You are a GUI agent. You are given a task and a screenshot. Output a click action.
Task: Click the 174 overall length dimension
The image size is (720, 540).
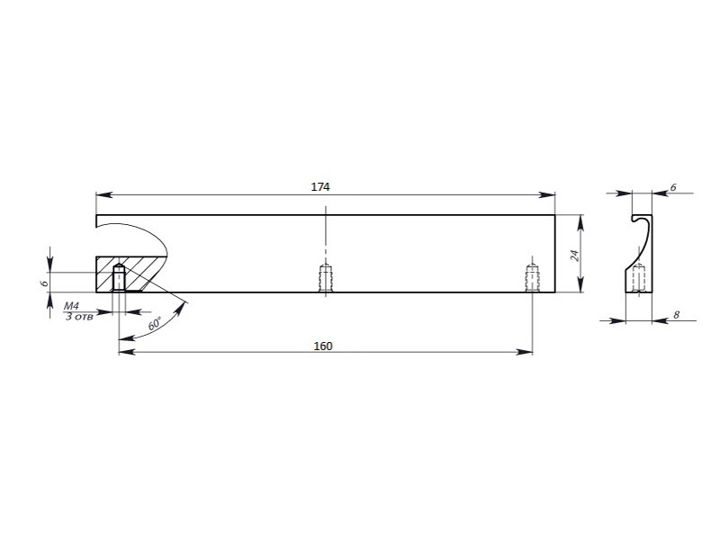(x=320, y=187)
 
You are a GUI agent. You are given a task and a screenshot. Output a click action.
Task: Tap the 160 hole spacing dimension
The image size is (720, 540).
(x=323, y=346)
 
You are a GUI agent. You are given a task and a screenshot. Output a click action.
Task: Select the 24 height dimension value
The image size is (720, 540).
(x=574, y=256)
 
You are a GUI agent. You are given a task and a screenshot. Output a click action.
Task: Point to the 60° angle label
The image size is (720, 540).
(x=155, y=324)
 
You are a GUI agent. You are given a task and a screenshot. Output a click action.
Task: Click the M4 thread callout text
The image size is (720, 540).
(x=71, y=306)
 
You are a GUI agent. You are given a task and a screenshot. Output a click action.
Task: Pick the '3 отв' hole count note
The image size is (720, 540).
(x=79, y=317)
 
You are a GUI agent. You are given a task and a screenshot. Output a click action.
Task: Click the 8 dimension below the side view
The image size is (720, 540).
(x=676, y=315)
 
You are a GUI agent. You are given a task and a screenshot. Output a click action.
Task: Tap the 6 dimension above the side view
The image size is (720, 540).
(x=673, y=187)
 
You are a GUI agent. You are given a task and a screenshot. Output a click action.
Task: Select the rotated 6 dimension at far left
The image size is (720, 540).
(x=44, y=283)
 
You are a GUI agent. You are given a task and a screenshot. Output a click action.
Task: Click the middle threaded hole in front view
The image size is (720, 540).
(x=326, y=277)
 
